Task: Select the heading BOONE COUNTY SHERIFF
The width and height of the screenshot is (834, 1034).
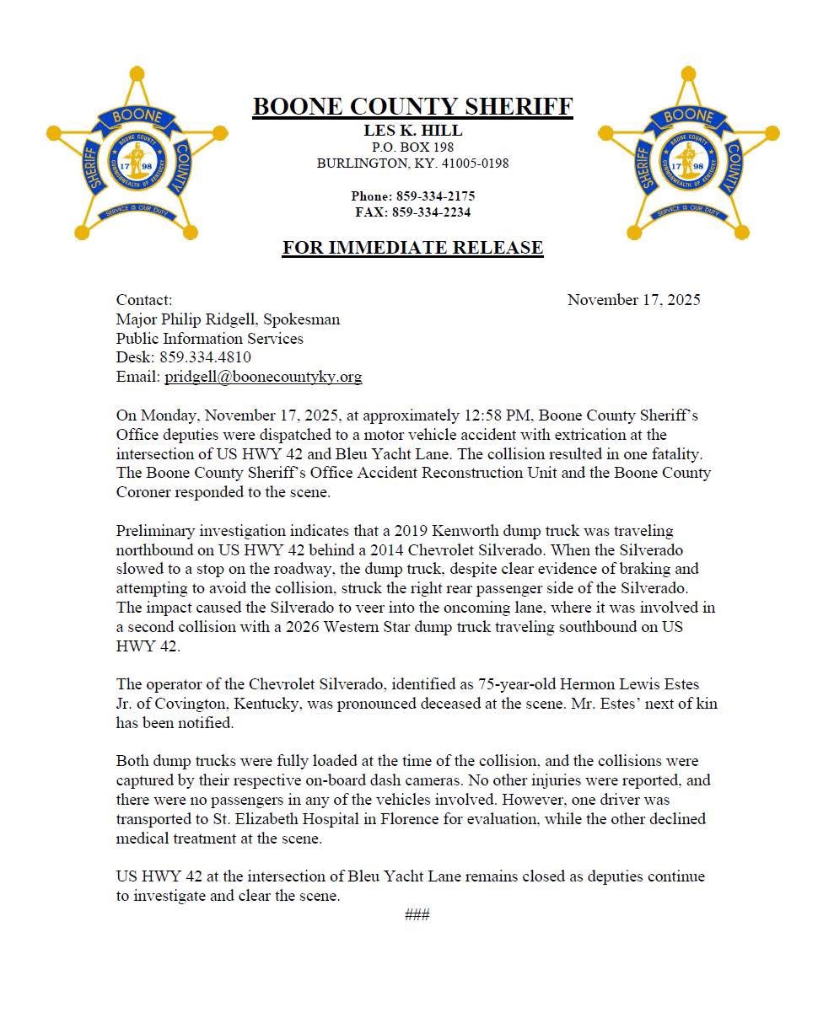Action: [412, 107]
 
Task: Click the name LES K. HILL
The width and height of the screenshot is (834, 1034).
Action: [412, 131]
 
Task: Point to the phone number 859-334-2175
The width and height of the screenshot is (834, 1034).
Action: [435, 196]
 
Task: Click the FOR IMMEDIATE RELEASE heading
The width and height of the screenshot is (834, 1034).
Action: [412, 248]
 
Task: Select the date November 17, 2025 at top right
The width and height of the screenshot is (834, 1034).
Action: [633, 300]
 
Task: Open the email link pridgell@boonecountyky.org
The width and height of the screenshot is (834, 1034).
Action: [263, 377]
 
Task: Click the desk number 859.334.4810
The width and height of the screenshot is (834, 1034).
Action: [205, 357]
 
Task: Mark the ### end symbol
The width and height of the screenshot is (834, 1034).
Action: [417, 915]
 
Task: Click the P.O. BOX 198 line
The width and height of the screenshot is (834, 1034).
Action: [412, 147]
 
